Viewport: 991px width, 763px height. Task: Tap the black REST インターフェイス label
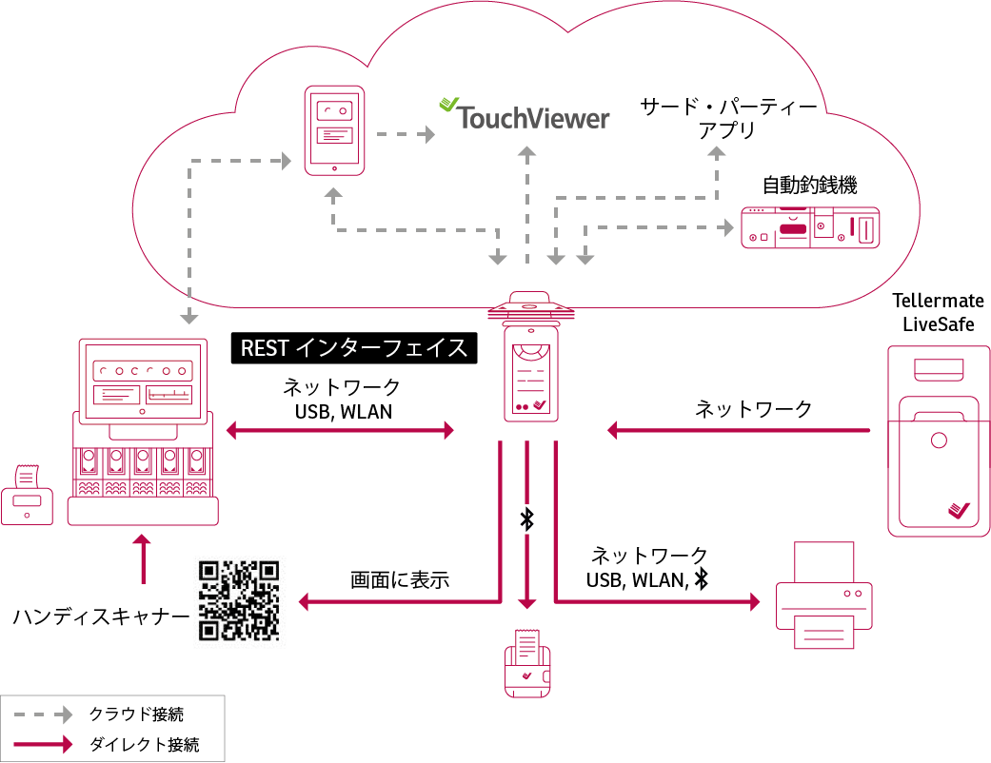[x=354, y=348]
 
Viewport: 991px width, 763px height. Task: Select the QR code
[x=239, y=599]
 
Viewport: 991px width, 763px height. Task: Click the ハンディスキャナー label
[x=101, y=616]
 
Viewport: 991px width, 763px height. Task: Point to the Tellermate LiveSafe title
[x=938, y=312]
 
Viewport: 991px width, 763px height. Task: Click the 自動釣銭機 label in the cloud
[x=810, y=184]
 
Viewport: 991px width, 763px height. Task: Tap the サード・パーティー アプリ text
[x=727, y=118]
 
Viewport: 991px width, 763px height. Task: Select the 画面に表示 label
[x=400, y=579]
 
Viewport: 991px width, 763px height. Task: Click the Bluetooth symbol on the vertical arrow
[x=526, y=518]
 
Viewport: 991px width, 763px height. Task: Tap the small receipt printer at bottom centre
[x=526, y=663]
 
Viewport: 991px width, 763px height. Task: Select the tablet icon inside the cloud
[x=333, y=131]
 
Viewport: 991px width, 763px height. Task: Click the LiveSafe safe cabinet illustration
[x=938, y=439]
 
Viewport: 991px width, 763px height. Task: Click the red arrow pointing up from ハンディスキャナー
[x=143, y=558]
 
